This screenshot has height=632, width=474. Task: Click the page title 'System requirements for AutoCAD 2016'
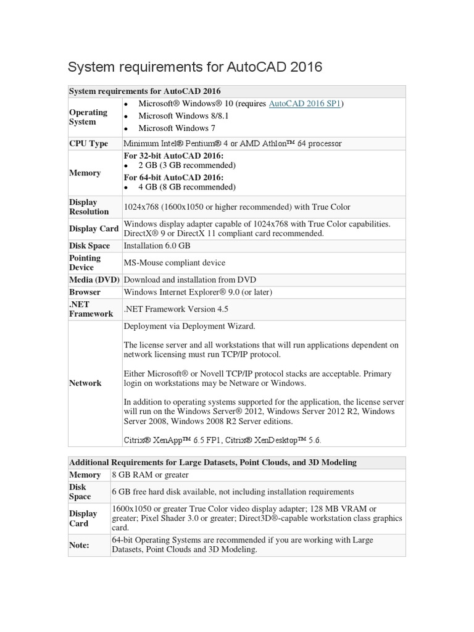pos(194,67)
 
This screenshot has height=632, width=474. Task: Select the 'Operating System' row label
pos(88,117)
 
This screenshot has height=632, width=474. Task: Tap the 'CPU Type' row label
pos(88,143)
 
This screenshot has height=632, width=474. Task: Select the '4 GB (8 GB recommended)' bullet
pos(187,187)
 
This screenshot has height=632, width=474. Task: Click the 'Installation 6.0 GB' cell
pos(157,245)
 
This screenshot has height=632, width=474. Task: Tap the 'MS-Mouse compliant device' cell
pos(175,263)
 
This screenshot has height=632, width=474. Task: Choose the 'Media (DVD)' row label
pos(93,280)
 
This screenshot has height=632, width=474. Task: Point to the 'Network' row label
pos(85,383)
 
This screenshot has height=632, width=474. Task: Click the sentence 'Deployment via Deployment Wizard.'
pos(189,326)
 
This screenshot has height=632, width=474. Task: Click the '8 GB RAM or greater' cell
pos(150,475)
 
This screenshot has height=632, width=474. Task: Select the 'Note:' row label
pos(79,545)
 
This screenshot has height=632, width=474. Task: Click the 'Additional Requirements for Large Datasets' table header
pos(212,462)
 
